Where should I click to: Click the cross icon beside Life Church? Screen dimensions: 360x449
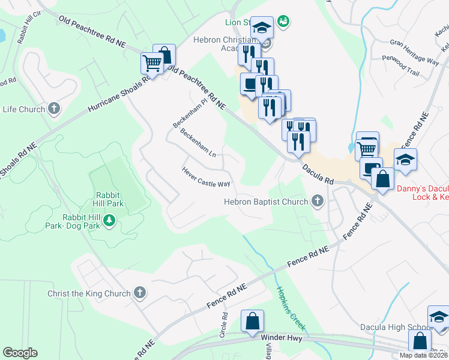54,109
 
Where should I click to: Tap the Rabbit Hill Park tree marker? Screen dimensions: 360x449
109,221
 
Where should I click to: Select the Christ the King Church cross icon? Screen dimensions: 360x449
139,293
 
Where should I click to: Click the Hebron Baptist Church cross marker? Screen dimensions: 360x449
317,202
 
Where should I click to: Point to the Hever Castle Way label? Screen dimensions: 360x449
206,177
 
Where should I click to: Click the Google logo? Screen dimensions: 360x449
20,353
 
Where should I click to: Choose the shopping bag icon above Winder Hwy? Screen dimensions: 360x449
252,321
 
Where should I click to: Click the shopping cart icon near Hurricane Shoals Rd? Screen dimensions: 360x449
152,62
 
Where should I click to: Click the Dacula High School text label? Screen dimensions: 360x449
393,327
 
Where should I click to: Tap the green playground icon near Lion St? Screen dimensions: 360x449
284,22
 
